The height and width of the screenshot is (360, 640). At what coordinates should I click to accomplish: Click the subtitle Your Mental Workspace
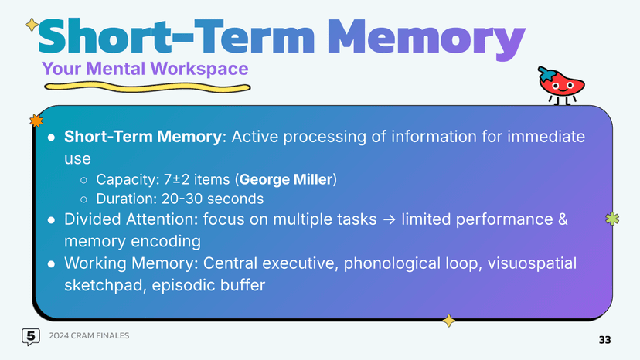(x=145, y=69)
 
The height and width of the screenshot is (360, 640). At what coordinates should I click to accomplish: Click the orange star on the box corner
(x=35, y=121)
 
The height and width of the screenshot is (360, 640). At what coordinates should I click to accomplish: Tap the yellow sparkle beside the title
(x=31, y=25)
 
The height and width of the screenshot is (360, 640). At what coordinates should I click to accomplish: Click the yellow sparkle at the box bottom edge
(x=447, y=320)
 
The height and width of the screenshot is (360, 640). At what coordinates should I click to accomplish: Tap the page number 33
(x=604, y=341)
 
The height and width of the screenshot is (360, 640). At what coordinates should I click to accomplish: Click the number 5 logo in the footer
(x=30, y=336)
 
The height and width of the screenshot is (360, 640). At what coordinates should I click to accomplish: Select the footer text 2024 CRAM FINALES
(x=89, y=335)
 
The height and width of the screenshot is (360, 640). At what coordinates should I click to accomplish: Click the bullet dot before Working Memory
(x=50, y=264)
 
